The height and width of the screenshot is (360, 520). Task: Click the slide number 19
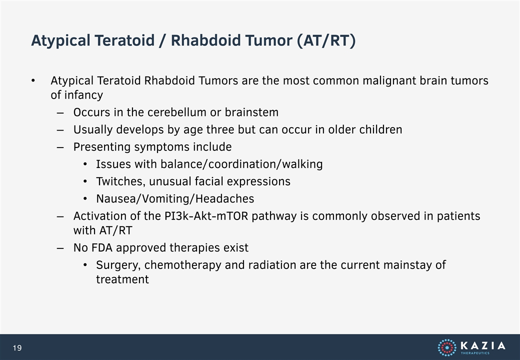pyautogui.click(x=17, y=347)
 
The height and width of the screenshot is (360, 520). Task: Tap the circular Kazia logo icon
pyautogui.click(x=447, y=347)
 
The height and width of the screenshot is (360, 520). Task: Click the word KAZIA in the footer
pyautogui.click(x=483, y=345)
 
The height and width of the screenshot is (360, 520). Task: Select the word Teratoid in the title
pyautogui.click(x=125, y=40)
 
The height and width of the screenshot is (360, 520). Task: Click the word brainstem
pyautogui.click(x=251, y=112)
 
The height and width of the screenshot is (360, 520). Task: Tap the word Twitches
pyautogui.click(x=120, y=181)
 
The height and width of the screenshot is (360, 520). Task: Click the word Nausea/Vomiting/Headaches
pyautogui.click(x=175, y=199)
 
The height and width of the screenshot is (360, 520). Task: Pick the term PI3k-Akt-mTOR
pyautogui.click(x=206, y=216)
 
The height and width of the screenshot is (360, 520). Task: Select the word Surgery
pyautogui.click(x=118, y=265)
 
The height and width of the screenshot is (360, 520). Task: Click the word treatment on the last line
pyautogui.click(x=122, y=279)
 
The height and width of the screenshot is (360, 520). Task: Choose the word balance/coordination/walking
pyautogui.click(x=241, y=164)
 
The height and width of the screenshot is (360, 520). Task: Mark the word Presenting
pyautogui.click(x=102, y=147)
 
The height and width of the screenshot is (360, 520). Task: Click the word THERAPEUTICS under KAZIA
pyautogui.click(x=475, y=353)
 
